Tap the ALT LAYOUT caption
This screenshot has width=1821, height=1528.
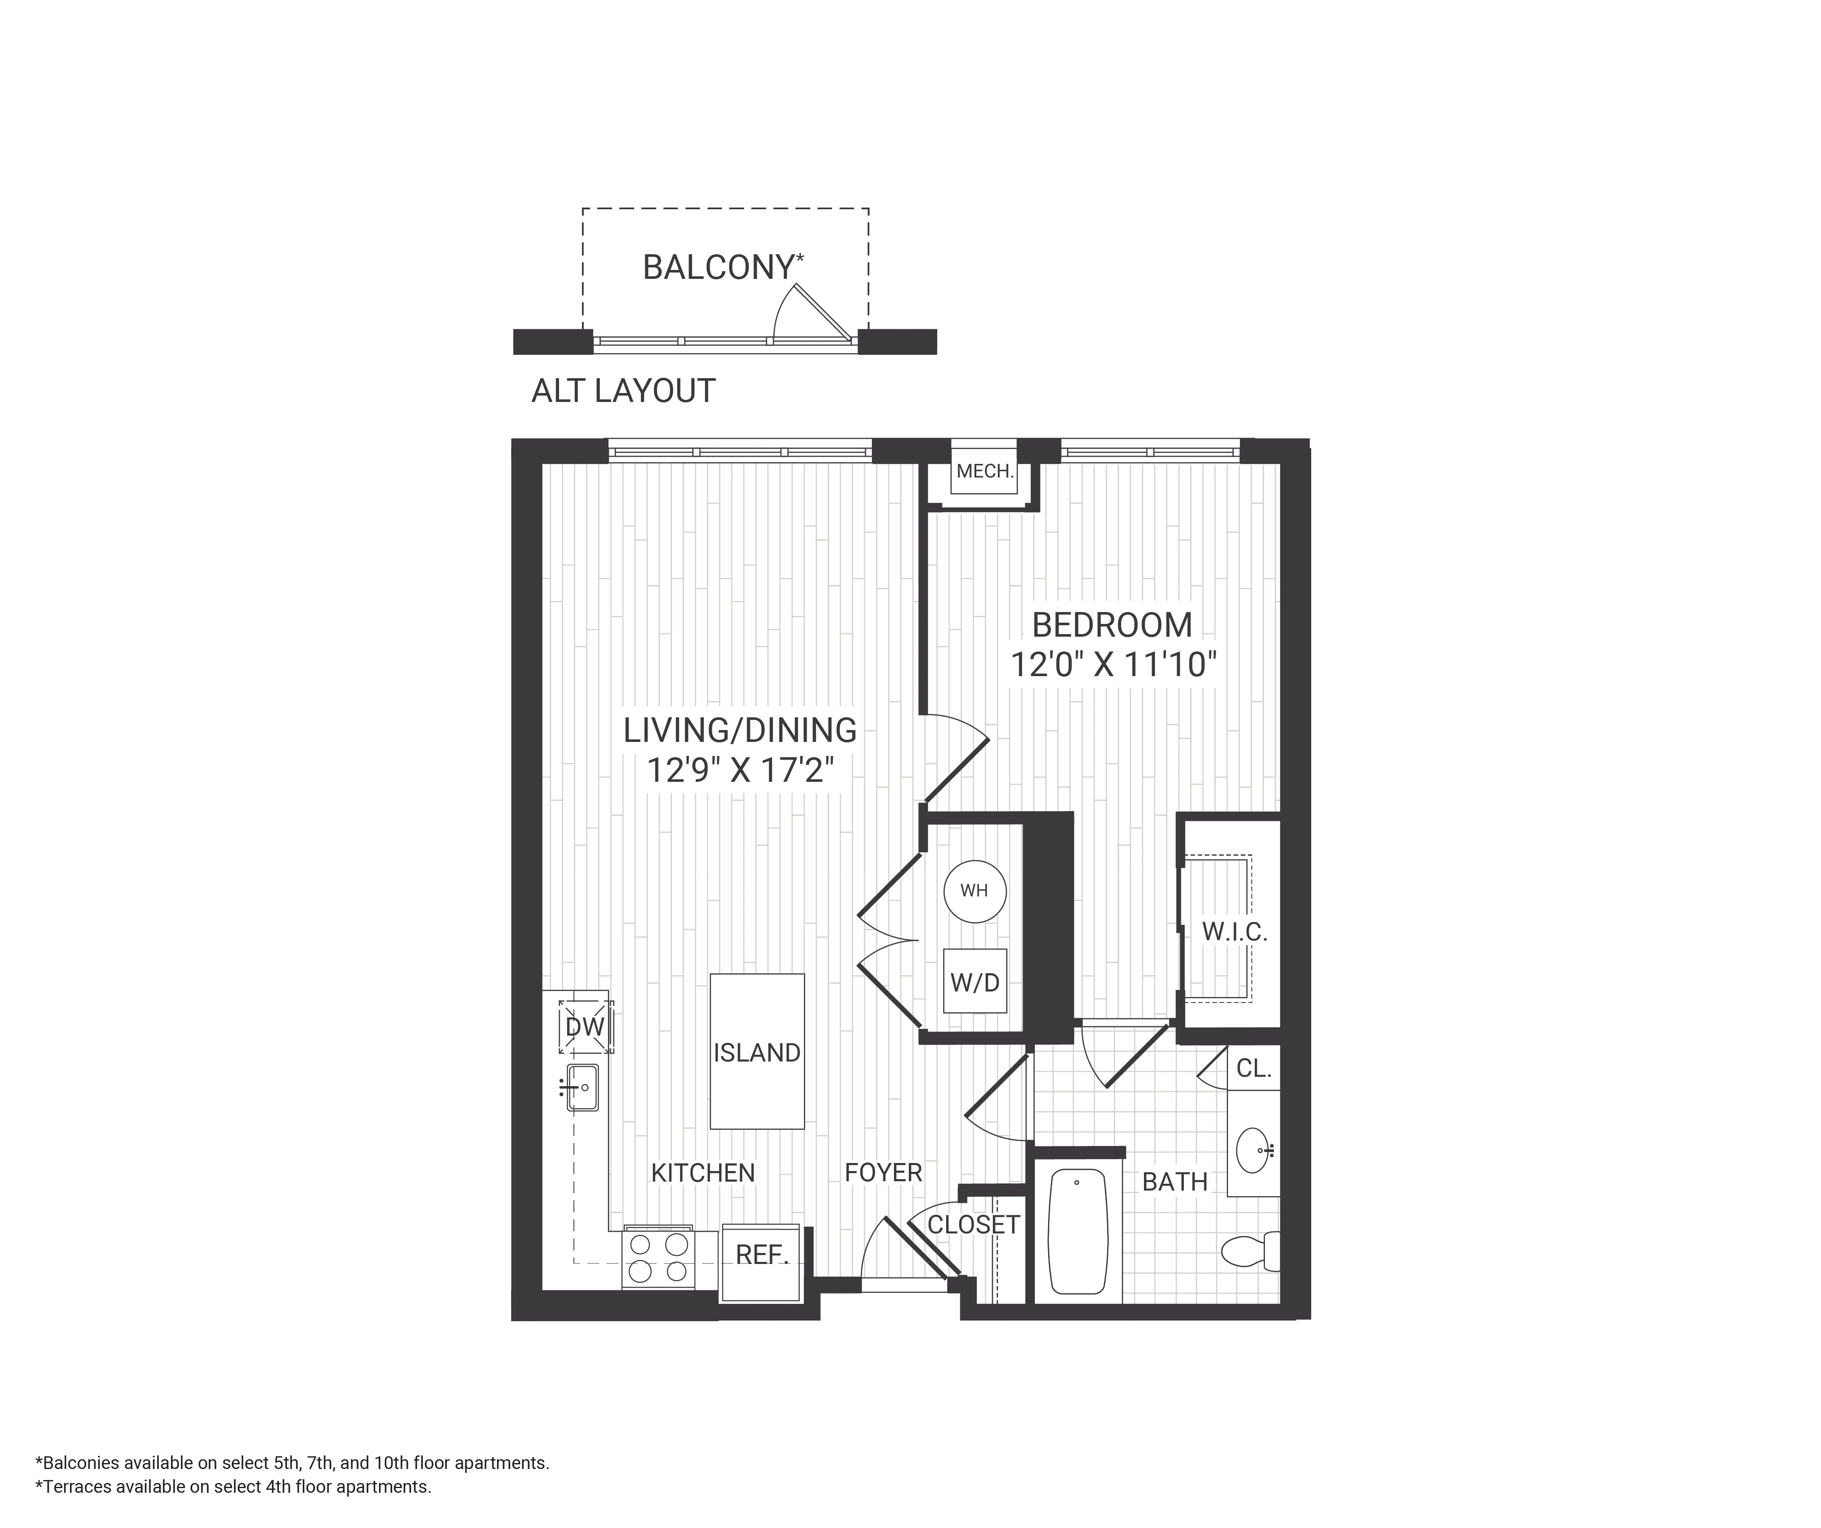pos(623,391)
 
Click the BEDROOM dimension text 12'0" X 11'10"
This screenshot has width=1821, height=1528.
pos(1113,665)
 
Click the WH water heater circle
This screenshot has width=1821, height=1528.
pos(975,890)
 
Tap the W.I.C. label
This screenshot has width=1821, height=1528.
pos(1234,932)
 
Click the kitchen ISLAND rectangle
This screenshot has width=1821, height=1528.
pos(757,1051)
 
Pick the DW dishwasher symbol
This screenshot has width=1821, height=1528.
pos(585,1027)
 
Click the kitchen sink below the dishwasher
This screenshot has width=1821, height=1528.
pos(583,1087)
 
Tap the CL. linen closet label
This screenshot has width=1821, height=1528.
pos(1253,1068)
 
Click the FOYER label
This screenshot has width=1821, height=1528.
pos(883,1172)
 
